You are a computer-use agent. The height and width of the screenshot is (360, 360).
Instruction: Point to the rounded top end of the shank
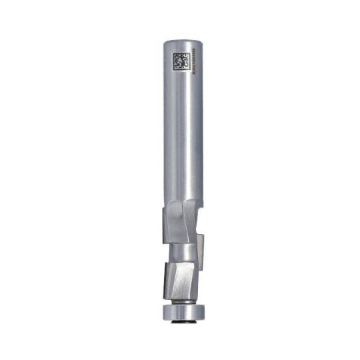(x=181, y=42)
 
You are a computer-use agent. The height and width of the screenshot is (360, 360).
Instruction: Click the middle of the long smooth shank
(x=181, y=133)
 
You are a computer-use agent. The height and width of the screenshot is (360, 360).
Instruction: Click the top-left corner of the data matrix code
(x=173, y=52)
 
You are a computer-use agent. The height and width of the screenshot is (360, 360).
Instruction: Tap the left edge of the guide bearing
(x=159, y=311)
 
